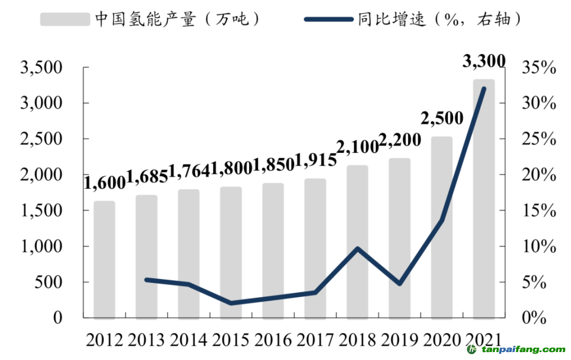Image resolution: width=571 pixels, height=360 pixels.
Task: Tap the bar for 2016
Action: coord(273,251)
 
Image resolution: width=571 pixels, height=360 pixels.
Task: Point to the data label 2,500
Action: coord(442,118)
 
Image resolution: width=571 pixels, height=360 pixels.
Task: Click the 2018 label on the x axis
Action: coord(358,339)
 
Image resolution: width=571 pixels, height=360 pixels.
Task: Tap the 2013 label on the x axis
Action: coord(146,339)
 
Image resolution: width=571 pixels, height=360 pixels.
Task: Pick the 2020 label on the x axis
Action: coord(442,339)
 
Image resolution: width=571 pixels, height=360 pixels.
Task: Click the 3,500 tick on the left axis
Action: coord(41,68)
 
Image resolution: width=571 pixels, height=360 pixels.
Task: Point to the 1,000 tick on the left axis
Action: coord(41,246)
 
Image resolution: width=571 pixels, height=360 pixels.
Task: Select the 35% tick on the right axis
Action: coord(539,68)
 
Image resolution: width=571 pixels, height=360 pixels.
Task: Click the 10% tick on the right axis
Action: coord(539,246)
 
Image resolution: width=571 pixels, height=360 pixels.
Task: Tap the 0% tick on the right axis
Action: coord(534,318)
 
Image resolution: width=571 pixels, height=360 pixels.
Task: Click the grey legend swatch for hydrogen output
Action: coord(65,20)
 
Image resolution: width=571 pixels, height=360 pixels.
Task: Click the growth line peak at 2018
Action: coord(358,248)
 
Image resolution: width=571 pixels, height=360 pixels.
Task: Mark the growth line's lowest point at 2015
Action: coord(231,303)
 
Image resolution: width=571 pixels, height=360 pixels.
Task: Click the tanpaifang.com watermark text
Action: coord(521,350)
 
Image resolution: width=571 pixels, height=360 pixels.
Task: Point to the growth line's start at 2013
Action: coord(146,280)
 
